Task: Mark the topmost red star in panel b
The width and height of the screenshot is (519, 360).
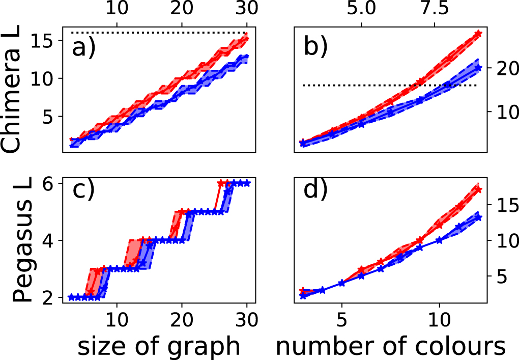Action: coord(477,34)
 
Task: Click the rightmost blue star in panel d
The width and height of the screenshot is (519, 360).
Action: coord(478,217)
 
